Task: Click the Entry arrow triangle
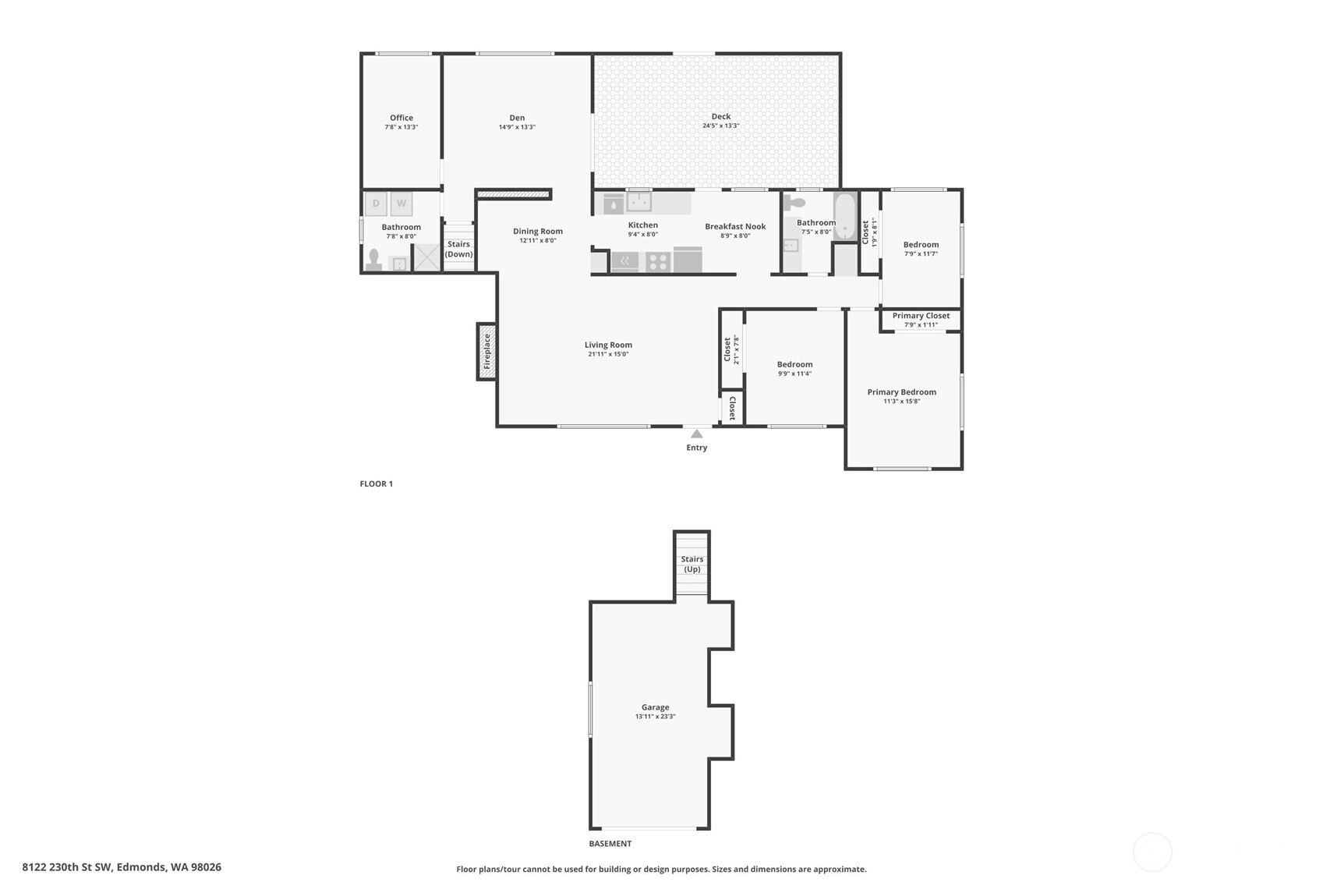(697, 434)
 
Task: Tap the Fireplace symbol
(486, 352)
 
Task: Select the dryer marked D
(376, 204)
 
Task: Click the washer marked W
(401, 204)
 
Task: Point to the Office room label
(401, 118)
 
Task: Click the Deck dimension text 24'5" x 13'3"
(720, 126)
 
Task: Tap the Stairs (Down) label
(459, 249)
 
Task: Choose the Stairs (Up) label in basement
(692, 564)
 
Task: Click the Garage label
(656, 707)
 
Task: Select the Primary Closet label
(921, 316)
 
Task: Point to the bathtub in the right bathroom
(845, 216)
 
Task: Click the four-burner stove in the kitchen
(658, 261)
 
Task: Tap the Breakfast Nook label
(735, 226)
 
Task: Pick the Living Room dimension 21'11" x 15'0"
(608, 355)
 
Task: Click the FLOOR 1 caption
(377, 484)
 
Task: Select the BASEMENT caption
(610, 844)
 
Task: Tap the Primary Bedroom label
(902, 392)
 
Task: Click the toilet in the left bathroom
(374, 260)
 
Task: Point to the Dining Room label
(537, 231)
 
